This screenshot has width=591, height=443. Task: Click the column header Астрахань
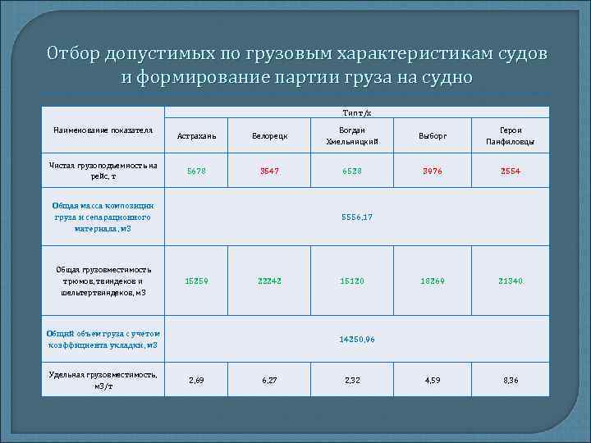(197, 135)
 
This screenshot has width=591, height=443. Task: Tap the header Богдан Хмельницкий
(350, 135)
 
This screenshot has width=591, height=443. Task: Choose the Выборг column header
(433, 135)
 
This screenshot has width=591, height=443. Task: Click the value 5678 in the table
(197, 171)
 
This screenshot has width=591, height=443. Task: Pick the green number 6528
(350, 171)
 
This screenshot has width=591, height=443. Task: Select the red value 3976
(433, 171)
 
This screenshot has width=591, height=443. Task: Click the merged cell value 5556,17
(357, 217)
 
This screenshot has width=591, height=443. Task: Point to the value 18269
(433, 281)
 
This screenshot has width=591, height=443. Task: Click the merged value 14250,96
(357, 339)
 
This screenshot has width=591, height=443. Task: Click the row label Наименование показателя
(103, 130)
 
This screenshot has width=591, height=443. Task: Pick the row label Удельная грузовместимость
(103, 380)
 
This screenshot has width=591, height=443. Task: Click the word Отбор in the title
(74, 54)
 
